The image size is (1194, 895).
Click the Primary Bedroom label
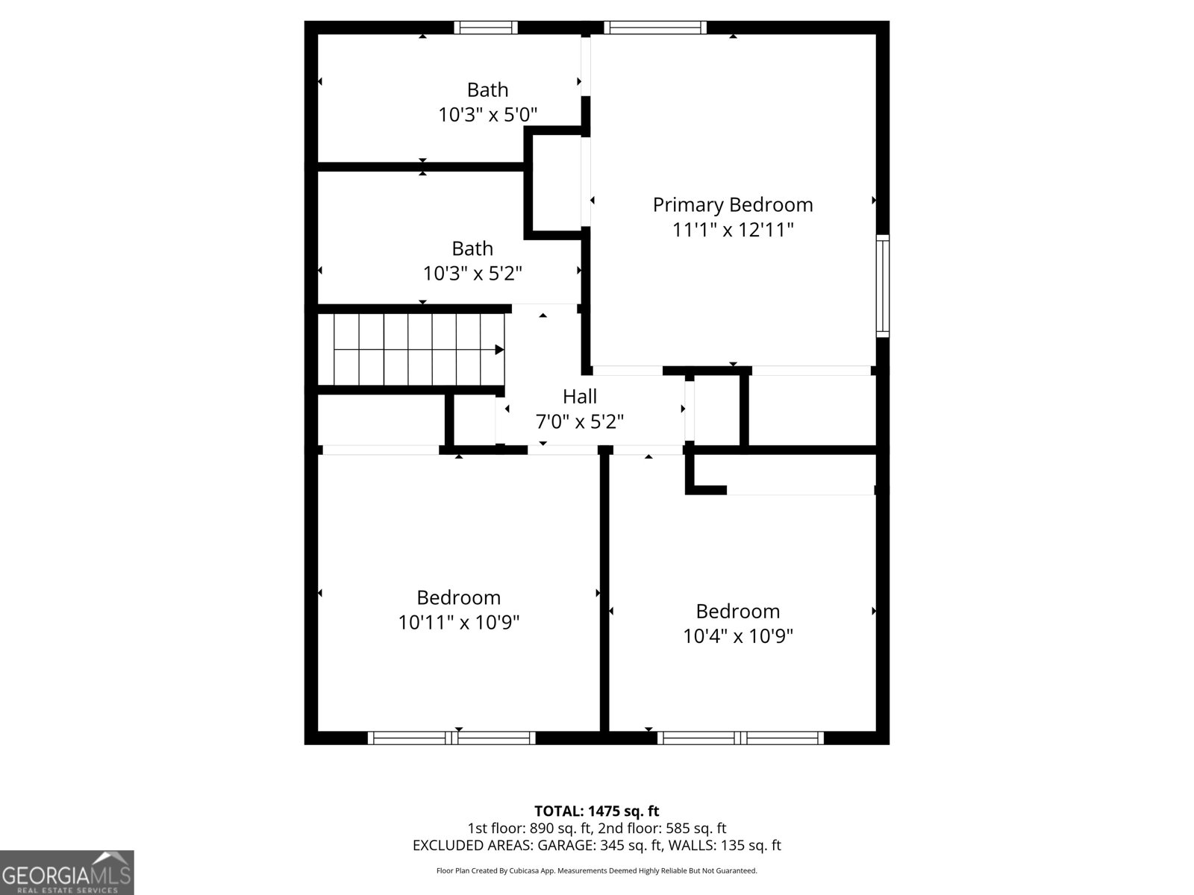tap(733, 204)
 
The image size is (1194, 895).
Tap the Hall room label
tap(580, 396)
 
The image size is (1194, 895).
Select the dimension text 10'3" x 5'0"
tap(488, 115)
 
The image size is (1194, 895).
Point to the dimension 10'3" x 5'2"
tap(472, 274)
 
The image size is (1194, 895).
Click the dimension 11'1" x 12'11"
tap(733, 230)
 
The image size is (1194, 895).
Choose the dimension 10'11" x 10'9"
tap(459, 622)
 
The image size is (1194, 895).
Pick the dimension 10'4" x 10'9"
tap(738, 636)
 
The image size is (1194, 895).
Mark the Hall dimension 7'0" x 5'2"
tap(580, 421)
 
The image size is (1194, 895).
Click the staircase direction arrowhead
tap(499, 349)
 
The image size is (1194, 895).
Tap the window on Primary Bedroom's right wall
tap(883, 286)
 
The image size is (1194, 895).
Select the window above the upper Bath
tap(486, 28)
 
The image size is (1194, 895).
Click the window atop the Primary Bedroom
tap(655, 28)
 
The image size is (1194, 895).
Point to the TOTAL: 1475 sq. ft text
tap(597, 811)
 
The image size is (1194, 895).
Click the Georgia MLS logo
tap(67, 873)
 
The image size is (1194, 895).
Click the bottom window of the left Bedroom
tap(451, 738)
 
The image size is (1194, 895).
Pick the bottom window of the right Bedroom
tap(740, 738)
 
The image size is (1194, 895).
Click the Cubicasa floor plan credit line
tap(597, 870)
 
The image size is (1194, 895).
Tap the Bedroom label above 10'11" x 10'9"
tap(459, 597)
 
